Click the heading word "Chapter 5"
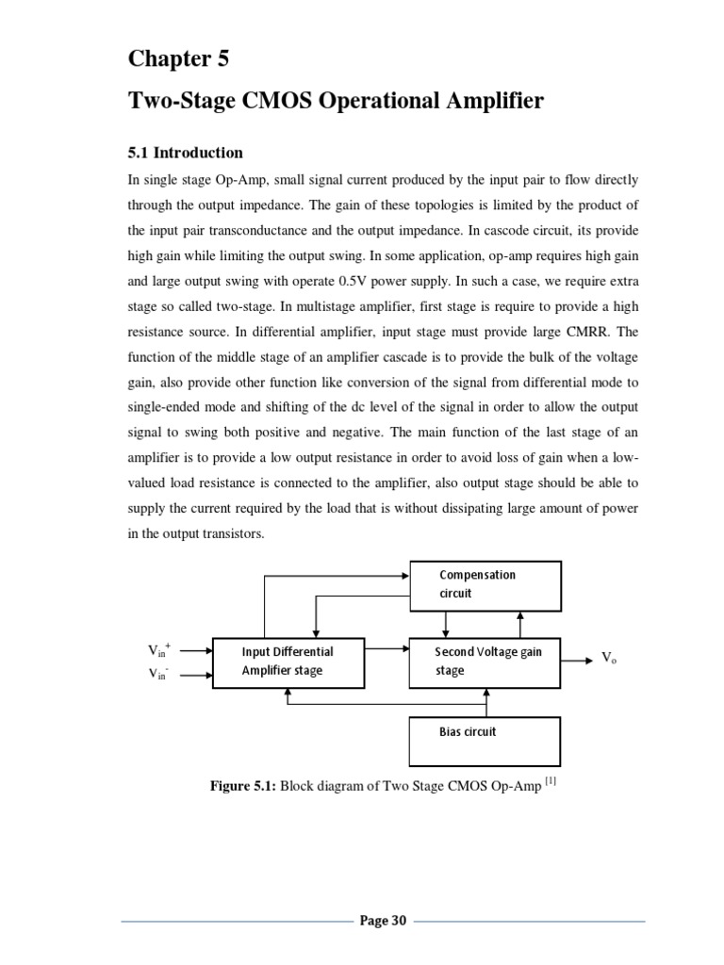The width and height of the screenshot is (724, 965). click(x=178, y=59)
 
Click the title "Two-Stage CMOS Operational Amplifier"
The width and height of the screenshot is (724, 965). click(x=336, y=102)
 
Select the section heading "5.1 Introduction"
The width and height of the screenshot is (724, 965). click(x=185, y=153)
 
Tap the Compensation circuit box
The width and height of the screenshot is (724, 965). click(x=485, y=584)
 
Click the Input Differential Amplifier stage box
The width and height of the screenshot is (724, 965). click(x=288, y=662)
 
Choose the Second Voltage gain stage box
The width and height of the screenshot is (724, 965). click(x=485, y=662)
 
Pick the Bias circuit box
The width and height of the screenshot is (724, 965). click(x=485, y=741)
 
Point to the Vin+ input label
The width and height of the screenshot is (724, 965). click(x=159, y=649)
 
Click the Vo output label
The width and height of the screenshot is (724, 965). click(x=609, y=659)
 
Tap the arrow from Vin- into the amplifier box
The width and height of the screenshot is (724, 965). click(x=195, y=674)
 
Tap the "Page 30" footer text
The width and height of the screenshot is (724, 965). click(x=383, y=921)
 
